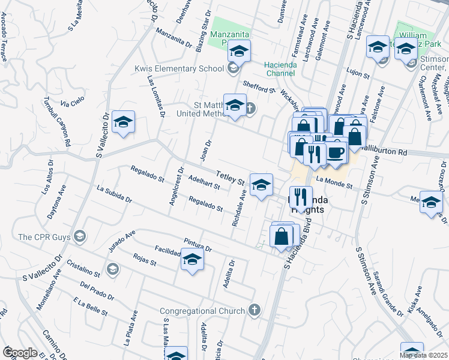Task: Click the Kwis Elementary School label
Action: (179, 68)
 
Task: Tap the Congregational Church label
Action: (202, 311)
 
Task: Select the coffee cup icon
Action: (336, 152)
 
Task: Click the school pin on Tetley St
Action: (261, 185)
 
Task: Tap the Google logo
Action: (20, 352)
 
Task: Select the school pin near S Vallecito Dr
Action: (123, 122)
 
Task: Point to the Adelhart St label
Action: (203, 182)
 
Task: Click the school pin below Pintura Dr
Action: (192, 260)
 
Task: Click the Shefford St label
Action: (259, 88)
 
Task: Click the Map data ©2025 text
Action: (424, 355)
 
